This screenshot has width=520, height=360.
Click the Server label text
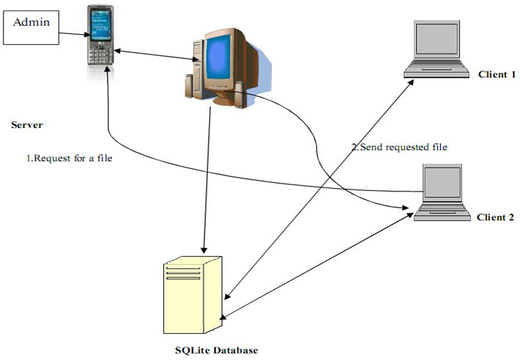pos(27,125)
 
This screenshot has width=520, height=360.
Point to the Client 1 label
pos(496,74)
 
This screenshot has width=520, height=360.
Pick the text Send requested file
pos(400,147)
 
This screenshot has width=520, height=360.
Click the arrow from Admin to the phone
pos(73,34)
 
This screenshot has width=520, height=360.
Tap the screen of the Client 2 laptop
pos(442,182)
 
